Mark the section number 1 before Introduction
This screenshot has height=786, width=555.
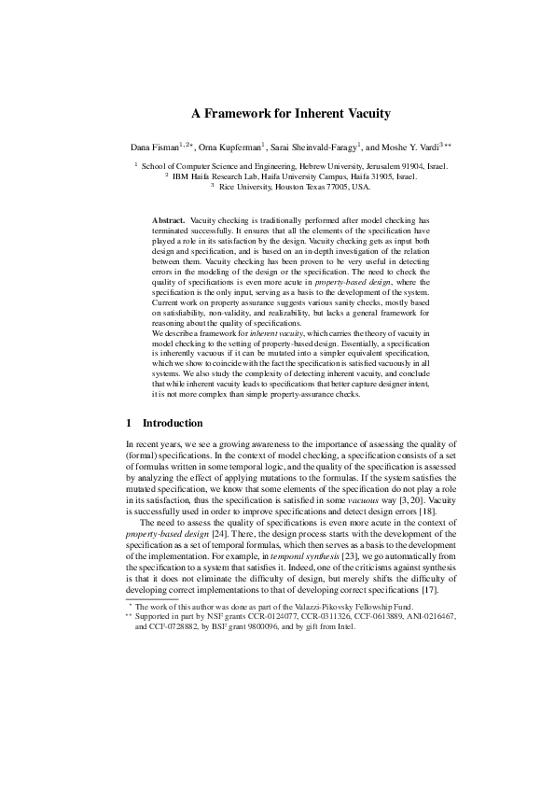click(129, 423)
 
